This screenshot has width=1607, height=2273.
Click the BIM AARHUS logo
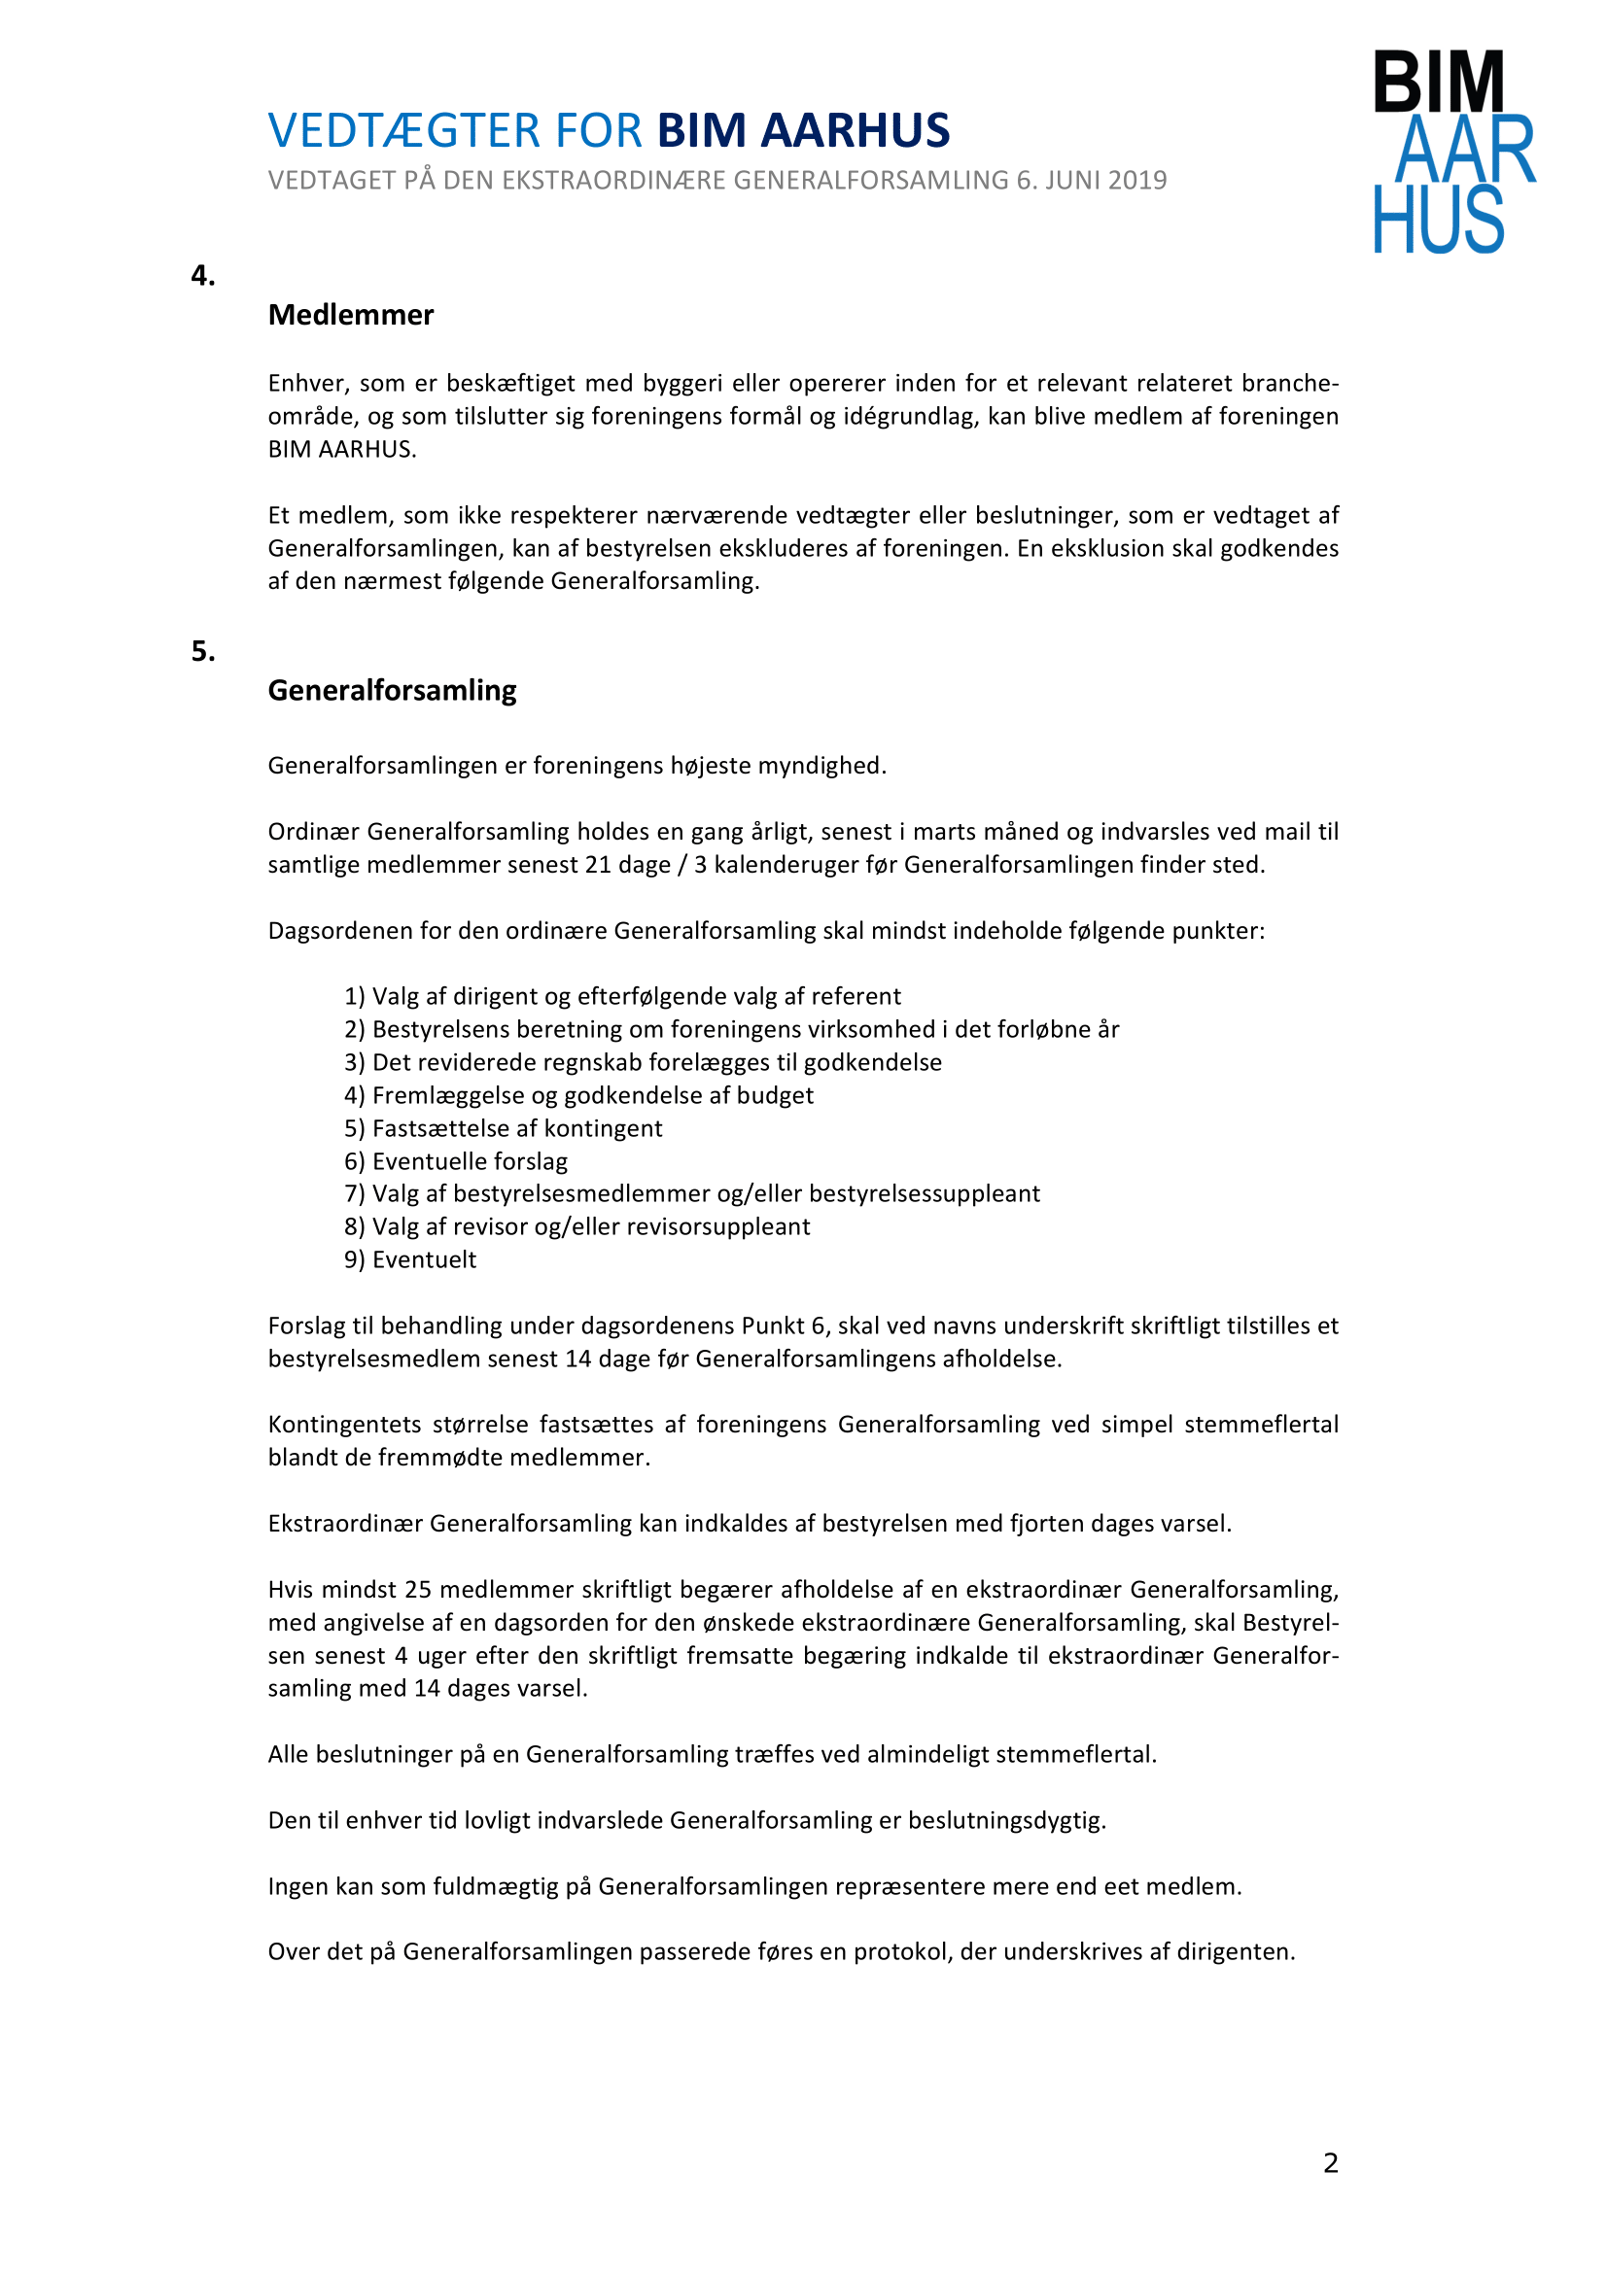pos(1452,152)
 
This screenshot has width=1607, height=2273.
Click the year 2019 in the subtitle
pos(1136,180)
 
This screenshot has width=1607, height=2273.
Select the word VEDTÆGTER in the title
pos(404,130)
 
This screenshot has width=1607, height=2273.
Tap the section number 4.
pos(203,275)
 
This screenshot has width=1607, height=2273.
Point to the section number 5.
pos(203,650)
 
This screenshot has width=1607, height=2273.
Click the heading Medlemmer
pos(351,315)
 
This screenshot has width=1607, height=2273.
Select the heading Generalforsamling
pos(392,690)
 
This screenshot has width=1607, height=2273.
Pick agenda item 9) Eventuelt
pos(410,1259)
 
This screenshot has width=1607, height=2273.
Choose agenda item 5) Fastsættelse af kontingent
pos(503,1127)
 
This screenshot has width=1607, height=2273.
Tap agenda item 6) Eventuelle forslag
pos(456,1160)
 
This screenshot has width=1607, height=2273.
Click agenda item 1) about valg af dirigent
pos(622,996)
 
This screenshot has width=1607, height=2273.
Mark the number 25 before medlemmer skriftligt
pos(418,1589)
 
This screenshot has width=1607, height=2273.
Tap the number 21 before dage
pos(598,864)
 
